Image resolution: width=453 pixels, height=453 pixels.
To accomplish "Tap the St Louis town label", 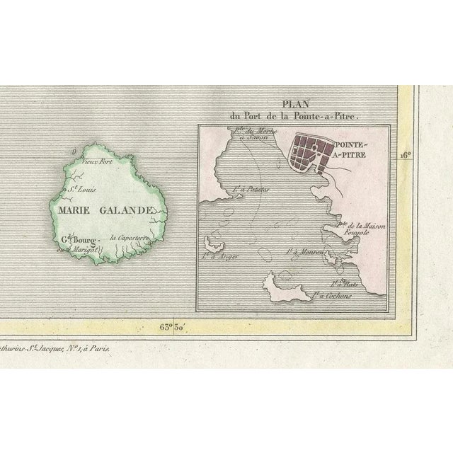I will click(81, 190).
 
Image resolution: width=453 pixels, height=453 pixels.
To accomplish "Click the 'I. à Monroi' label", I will click(304, 251).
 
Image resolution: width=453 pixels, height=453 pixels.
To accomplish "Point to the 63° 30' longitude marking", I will click(173, 327).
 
